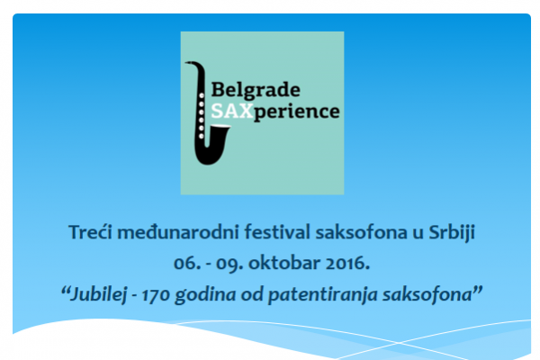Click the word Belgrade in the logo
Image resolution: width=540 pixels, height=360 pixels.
point(256,90)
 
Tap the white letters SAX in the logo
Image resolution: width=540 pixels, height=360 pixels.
point(232,112)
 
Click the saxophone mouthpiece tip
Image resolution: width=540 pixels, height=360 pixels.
point(186,63)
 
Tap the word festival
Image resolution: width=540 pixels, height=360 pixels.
point(277,232)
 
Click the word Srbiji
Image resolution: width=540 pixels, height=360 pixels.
point(452,232)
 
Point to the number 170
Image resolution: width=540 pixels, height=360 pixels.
point(156,296)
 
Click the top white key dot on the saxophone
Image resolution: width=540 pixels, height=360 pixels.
point(202,95)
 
